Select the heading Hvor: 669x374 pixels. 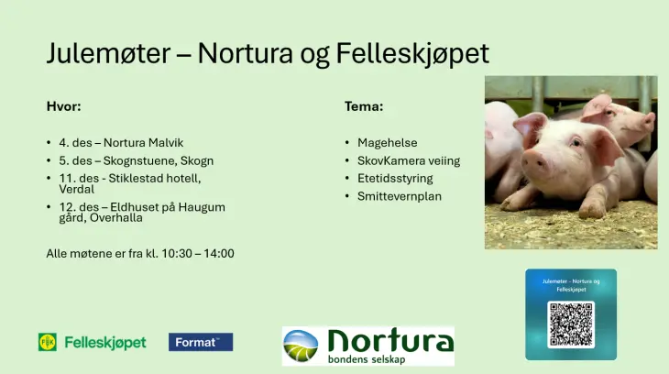(63, 106)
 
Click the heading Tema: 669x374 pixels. (364, 106)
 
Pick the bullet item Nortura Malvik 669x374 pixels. (143, 143)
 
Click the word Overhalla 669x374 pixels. (116, 218)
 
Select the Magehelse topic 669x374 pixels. (387, 143)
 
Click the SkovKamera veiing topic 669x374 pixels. (409, 160)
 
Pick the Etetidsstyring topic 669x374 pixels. (395, 178)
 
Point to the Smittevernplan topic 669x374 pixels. (400, 196)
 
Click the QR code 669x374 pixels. (571, 324)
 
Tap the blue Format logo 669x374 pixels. (201, 342)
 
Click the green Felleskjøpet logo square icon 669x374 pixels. (48, 342)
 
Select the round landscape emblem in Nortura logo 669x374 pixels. (302, 346)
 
